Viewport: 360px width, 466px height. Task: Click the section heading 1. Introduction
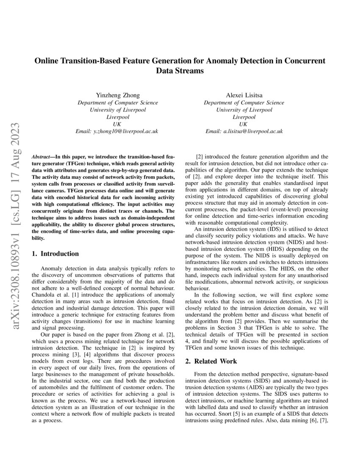(x=55, y=254)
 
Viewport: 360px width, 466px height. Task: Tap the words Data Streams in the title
(x=180, y=71)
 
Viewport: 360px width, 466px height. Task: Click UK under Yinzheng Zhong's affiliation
(x=117, y=124)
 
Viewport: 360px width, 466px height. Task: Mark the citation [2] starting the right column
(x=199, y=157)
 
